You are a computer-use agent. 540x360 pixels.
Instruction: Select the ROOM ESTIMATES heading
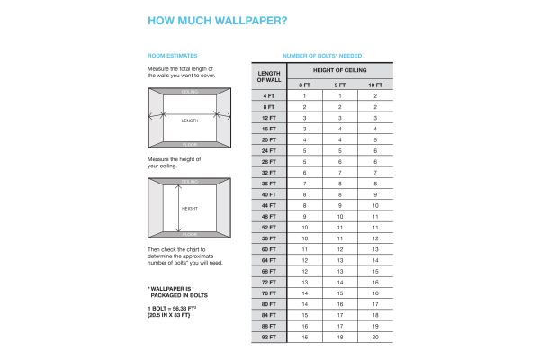(172, 56)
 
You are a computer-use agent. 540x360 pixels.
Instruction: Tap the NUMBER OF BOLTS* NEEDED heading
(322, 56)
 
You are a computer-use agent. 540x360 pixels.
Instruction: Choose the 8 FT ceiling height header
(305, 85)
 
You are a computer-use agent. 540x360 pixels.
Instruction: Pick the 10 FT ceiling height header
(374, 85)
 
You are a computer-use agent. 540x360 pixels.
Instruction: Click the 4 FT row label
(269, 95)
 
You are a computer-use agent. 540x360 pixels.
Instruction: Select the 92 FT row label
(269, 337)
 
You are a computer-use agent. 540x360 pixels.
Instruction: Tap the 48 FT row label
(269, 216)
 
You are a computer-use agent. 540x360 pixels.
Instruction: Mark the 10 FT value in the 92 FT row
(374, 337)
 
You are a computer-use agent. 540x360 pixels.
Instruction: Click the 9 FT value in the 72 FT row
(340, 282)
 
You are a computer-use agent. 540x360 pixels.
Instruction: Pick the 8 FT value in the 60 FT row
(305, 249)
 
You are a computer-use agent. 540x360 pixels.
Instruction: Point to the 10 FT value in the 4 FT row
(374, 95)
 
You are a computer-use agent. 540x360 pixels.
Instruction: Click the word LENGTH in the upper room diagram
(190, 120)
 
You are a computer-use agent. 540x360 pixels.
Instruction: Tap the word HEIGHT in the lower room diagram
(190, 208)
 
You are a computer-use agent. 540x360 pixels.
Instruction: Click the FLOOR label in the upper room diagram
(190, 143)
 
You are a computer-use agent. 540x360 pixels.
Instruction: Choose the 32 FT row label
(269, 172)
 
